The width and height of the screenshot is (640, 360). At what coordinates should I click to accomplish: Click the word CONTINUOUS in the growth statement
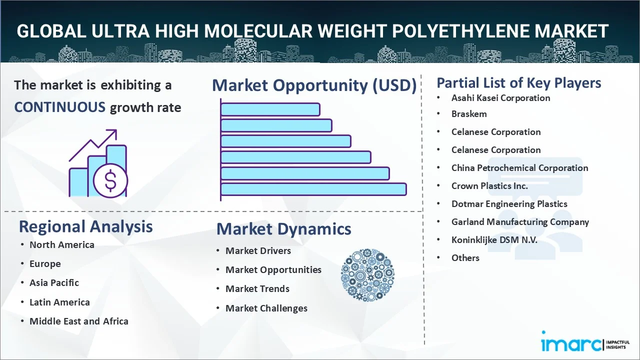coord(60,107)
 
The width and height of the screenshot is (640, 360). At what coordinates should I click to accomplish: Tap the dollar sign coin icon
coord(110,180)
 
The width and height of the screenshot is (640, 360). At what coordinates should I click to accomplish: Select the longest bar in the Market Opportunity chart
coord(313,189)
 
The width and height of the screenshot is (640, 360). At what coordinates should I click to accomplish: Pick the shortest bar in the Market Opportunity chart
coord(270,109)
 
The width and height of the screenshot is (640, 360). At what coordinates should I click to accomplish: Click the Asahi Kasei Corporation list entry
coord(500,98)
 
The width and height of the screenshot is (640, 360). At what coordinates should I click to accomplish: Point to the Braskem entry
coord(469,114)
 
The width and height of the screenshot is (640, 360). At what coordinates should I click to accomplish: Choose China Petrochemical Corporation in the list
coord(519,168)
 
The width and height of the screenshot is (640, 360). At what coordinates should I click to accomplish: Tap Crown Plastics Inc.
coord(489,186)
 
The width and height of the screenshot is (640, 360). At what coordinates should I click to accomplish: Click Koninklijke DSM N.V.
coord(494,240)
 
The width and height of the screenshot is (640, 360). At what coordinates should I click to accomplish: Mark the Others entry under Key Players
coord(465,258)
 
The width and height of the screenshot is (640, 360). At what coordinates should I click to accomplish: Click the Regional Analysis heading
coord(85,227)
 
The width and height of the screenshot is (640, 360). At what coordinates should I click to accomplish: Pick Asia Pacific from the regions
coord(54,283)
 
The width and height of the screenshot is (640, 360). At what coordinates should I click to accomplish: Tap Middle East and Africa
coord(79,321)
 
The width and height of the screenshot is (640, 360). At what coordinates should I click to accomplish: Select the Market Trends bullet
coord(257,289)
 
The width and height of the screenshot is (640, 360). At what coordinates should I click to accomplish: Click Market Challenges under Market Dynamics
coord(266,308)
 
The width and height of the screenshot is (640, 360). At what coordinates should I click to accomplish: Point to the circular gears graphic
coord(367,275)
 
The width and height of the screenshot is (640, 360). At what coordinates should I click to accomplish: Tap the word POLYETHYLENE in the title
coord(461,31)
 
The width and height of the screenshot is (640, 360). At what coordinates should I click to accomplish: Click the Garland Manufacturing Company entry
coord(520,222)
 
